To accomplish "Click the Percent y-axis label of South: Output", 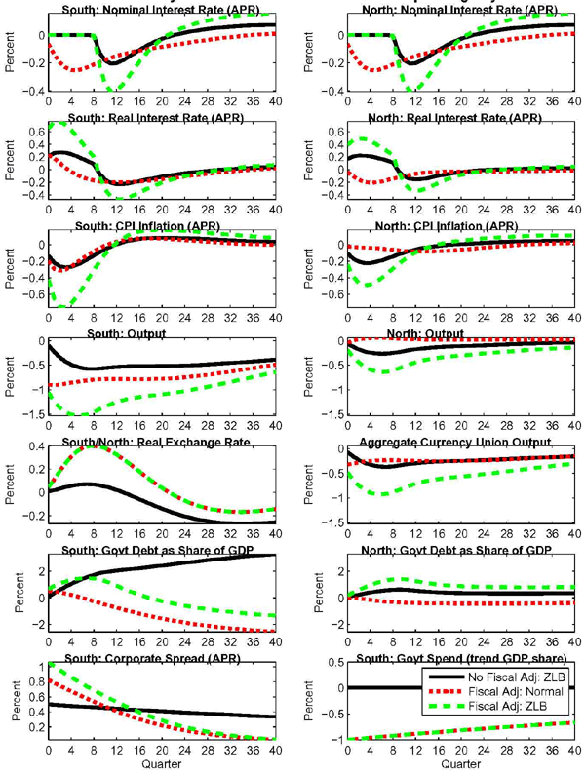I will (9, 377).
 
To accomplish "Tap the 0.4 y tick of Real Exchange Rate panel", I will (35, 446).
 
